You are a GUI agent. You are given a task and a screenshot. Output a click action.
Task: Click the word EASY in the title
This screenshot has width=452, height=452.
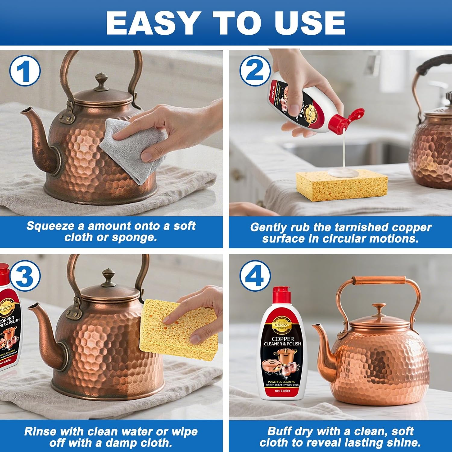tap(152, 24)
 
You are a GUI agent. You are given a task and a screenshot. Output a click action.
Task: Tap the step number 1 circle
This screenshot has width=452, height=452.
tap(25, 72)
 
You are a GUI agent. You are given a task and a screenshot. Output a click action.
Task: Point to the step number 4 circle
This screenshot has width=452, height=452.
tap(255, 276)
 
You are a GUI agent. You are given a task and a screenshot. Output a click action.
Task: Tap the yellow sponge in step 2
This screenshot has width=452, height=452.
tap(342, 185)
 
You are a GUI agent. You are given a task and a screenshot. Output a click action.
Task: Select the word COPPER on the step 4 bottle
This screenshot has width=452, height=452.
tap(283, 339)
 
